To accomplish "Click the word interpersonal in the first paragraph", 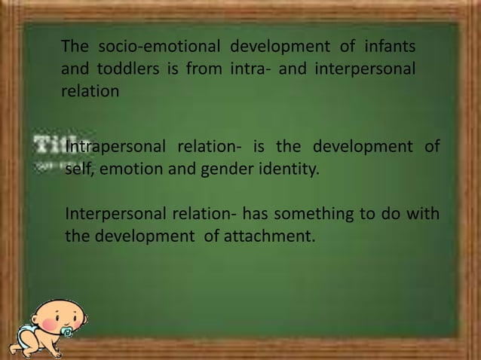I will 369,70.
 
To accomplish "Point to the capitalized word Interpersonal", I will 113,216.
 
